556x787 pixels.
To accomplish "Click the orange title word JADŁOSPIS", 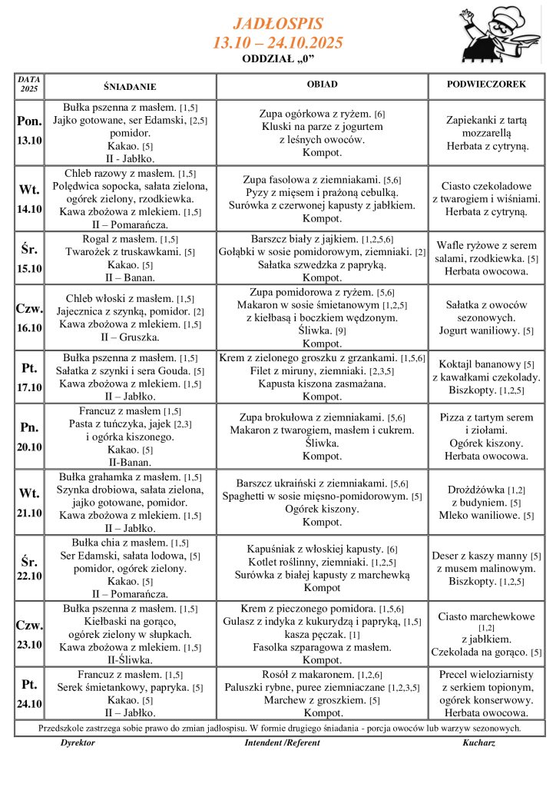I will pos(277,24).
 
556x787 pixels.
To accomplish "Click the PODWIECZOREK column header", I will pos(486,85).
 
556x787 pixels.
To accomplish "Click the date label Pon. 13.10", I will pos(29,129).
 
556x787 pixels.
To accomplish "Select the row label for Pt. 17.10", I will pos(29,379).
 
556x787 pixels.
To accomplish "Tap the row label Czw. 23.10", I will pos(29,634).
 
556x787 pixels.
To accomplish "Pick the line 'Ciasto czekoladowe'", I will pos(486,186).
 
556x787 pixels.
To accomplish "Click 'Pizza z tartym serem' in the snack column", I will pos(486,417).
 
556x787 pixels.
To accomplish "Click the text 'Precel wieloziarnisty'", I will pos(486,674).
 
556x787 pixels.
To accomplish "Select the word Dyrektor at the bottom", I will pos(78,744).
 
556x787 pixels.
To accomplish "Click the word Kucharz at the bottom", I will pos(478,744).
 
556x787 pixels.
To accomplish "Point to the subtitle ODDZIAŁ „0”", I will pos(278,58).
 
